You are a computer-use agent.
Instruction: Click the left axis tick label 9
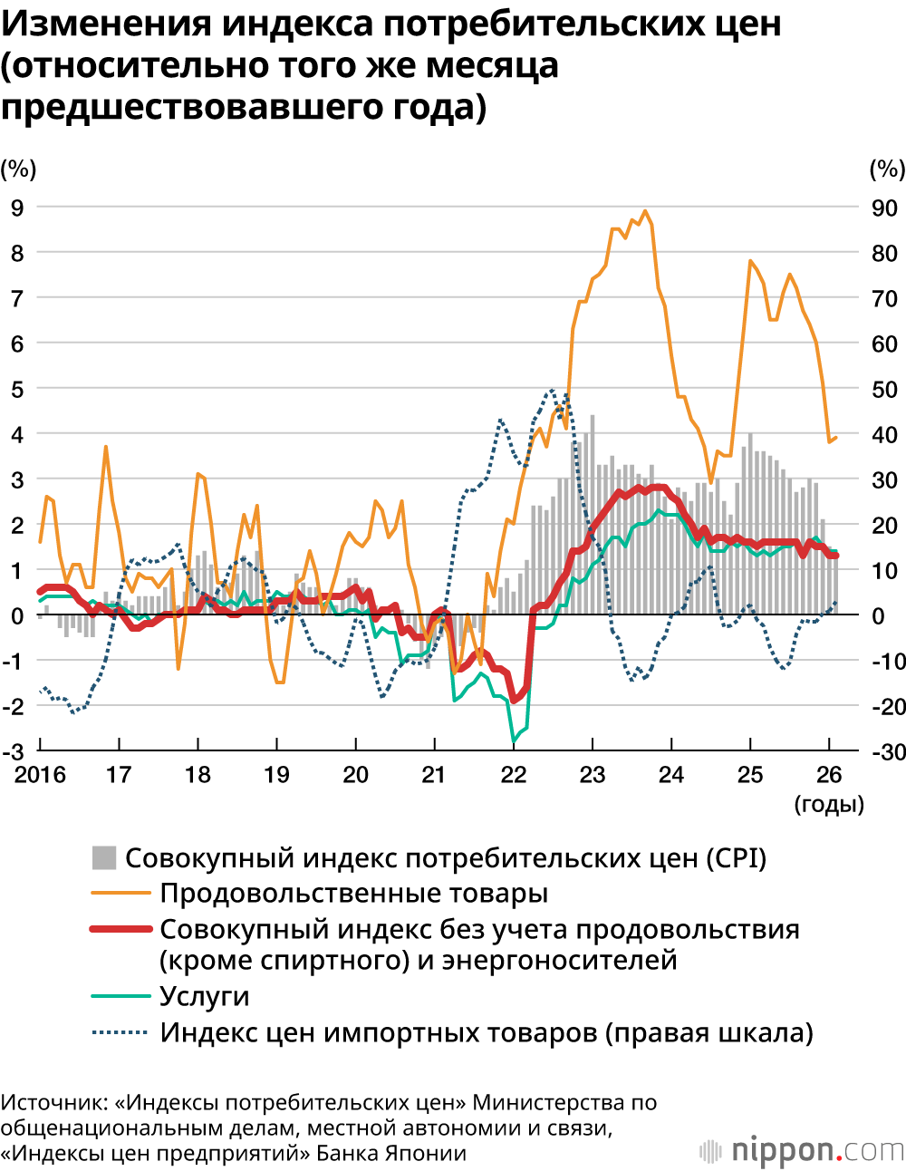coord(17,208)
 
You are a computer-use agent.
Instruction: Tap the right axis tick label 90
coord(883,208)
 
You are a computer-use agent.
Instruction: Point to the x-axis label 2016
coord(40,775)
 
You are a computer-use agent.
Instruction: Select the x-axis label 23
coord(592,775)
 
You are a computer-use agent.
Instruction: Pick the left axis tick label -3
coord(14,752)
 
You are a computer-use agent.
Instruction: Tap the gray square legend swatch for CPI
coord(104,857)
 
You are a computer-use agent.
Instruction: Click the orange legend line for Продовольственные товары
coord(120,894)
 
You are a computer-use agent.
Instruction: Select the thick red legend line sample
coord(120,929)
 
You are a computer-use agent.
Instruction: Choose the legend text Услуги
coord(204,996)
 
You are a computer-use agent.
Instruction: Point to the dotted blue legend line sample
coord(120,1032)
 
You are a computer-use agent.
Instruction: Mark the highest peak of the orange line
coord(645,211)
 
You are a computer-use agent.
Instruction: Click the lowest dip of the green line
coord(514,740)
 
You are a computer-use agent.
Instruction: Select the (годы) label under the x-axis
coord(828,804)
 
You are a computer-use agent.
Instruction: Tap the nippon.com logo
coord(803,1150)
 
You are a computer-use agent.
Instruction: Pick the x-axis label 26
coord(829,775)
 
